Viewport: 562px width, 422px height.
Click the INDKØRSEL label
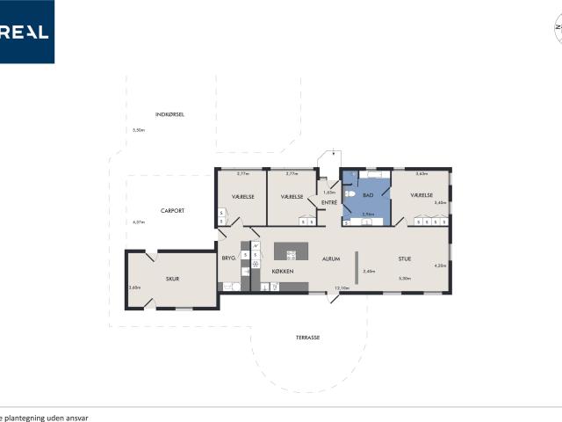169,114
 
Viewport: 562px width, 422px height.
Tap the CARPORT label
171,210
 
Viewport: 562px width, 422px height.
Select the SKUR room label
173,279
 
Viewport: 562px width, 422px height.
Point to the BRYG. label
229,258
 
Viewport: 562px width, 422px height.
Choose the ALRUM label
331,259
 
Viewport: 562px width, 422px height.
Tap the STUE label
405,259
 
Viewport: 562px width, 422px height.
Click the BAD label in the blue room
369,195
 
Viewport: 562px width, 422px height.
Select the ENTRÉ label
329,203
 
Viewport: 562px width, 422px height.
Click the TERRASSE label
307,337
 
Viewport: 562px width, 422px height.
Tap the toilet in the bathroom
349,194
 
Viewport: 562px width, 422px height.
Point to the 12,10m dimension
342,287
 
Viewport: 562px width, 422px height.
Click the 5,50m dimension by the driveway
138,130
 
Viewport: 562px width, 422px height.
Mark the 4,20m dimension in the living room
440,266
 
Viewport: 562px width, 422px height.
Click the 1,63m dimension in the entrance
329,193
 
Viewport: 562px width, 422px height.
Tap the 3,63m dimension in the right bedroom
421,173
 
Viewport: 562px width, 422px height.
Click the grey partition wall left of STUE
356,267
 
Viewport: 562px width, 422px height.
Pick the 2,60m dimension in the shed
134,287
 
